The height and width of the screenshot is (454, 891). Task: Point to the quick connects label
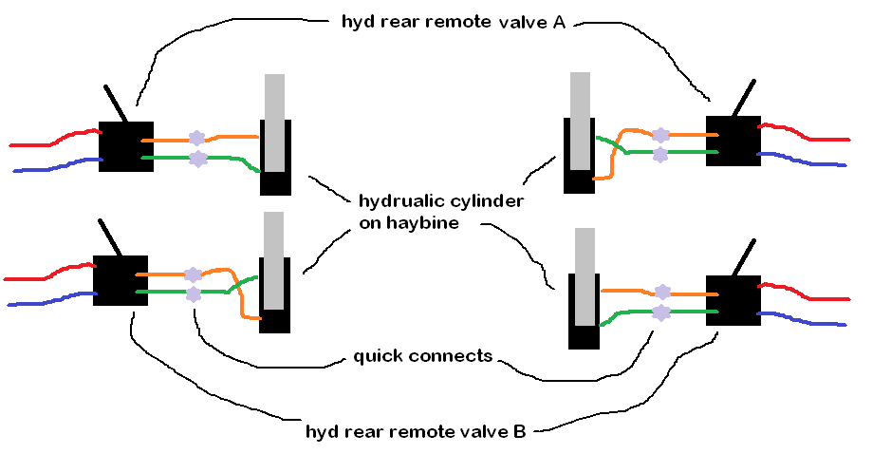[x=422, y=356]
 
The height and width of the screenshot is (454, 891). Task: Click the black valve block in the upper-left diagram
[x=126, y=145]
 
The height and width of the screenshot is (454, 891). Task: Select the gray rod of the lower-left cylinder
[x=274, y=259]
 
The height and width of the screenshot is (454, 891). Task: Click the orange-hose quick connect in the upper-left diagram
[x=197, y=139]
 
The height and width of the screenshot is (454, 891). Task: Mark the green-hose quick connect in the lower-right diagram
[x=662, y=312]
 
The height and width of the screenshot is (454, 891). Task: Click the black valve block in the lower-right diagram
[x=733, y=300]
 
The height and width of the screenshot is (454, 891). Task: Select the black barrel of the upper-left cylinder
[x=275, y=180]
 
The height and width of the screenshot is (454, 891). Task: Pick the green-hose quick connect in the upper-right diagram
[x=660, y=152]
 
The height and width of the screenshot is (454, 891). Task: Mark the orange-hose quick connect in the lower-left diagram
[x=194, y=274]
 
